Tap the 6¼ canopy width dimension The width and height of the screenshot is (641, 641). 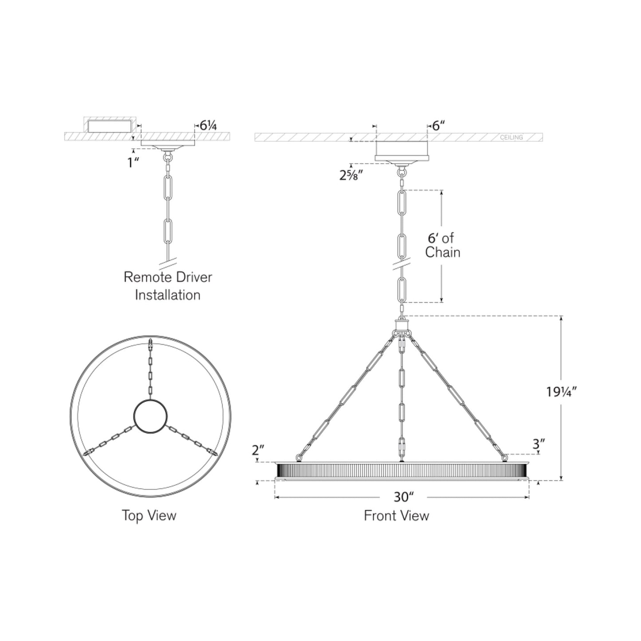208,126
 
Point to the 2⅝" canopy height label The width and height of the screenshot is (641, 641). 352,175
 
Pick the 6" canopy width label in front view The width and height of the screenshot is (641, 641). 438,126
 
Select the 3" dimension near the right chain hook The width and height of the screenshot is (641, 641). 539,443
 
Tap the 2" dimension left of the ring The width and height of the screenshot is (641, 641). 258,450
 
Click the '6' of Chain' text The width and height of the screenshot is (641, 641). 442,245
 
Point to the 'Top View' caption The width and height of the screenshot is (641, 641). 149,515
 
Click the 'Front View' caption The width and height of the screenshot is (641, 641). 397,515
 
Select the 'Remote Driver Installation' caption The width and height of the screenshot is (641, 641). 168,286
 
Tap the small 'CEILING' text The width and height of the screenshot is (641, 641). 511,138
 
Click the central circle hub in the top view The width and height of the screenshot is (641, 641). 150,416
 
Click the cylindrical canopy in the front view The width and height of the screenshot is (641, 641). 402,150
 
